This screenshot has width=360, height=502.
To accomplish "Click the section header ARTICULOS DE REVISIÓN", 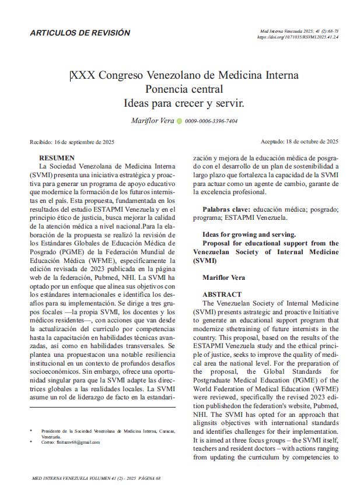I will click(80, 33).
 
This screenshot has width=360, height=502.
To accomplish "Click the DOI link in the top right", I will click(298, 37).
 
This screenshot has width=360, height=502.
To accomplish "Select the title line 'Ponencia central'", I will click(184, 89).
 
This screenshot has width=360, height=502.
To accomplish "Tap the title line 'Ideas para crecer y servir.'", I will click(184, 103).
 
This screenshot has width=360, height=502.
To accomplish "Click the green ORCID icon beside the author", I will click(179, 121).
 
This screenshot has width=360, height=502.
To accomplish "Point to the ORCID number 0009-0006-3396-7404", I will click(211, 121).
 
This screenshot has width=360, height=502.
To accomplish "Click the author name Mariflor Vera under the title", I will click(153, 121).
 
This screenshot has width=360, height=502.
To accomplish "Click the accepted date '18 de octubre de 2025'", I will click(310, 142).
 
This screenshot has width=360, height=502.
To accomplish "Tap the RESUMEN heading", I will click(57, 158).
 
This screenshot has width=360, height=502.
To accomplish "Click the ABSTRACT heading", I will click(222, 295).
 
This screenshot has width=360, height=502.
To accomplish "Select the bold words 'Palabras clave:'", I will click(227, 209).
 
